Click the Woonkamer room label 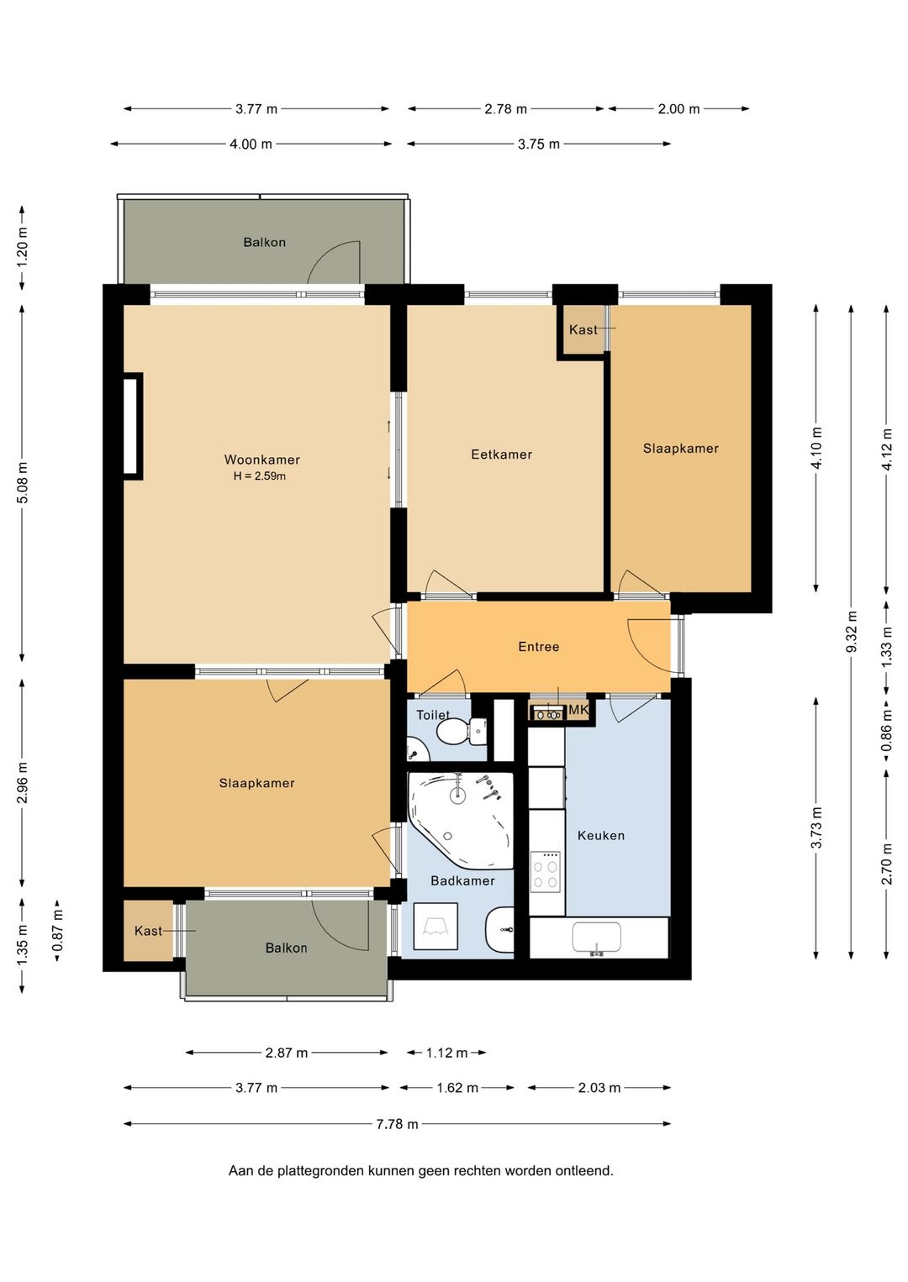tap(261, 460)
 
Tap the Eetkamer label tap(501, 454)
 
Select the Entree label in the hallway tap(539, 647)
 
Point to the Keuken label tap(600, 836)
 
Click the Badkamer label tap(462, 880)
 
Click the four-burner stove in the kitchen tap(545, 872)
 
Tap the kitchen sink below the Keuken tap(596, 938)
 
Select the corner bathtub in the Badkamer tap(460, 820)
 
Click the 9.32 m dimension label tap(852, 631)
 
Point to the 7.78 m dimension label tap(397, 1124)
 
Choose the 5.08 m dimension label tap(23, 482)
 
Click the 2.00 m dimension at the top tap(678, 108)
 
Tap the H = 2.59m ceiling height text tap(260, 475)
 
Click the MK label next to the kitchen tap(578, 710)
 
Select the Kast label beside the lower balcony tap(148, 931)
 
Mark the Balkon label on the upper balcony tap(264, 242)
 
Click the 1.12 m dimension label tap(446, 1053)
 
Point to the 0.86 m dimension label tap(886, 731)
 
